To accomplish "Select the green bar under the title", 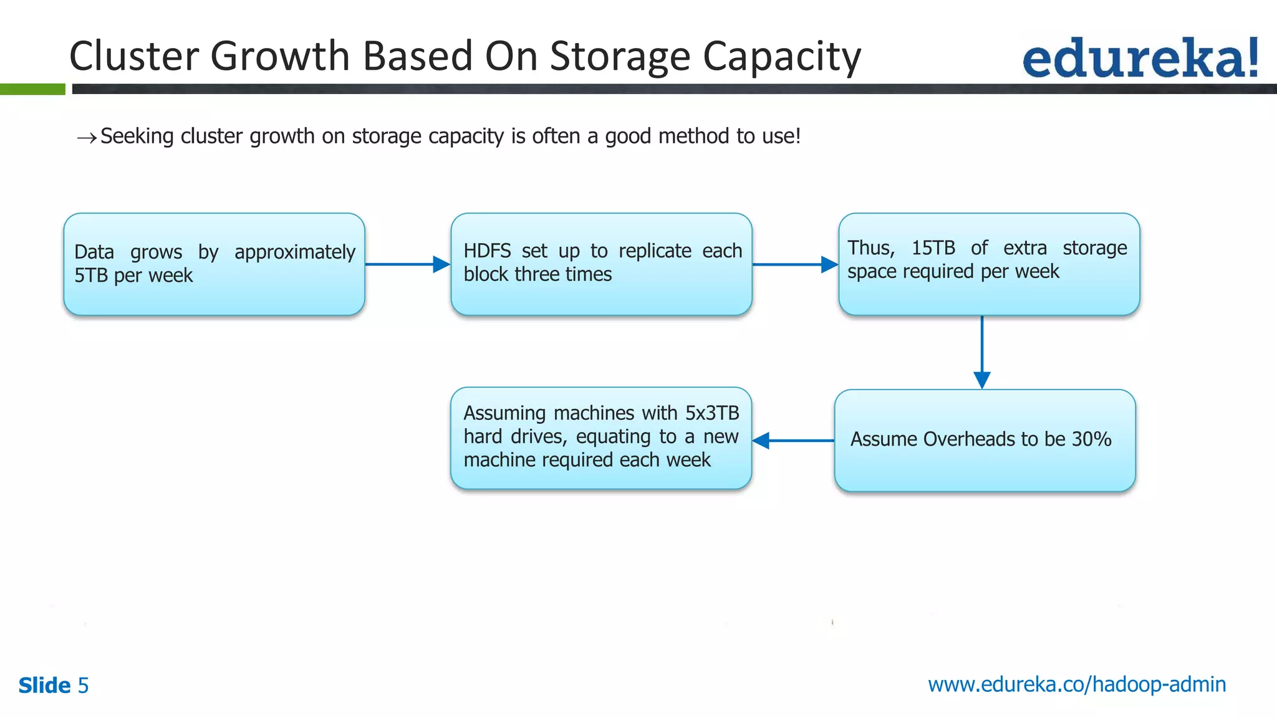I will pyautogui.click(x=32, y=89).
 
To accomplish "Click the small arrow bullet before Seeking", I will pyautogui.click(x=87, y=138).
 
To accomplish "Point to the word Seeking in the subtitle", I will pyautogui.click(x=137, y=136).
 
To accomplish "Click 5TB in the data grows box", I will pyautogui.click(x=91, y=275).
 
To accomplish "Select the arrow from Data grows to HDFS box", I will pyautogui.click(x=407, y=264).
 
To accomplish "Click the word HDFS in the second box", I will pyautogui.click(x=487, y=251).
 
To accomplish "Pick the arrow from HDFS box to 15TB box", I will pyautogui.click(x=794, y=264).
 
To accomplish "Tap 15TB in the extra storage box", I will pyautogui.click(x=933, y=248).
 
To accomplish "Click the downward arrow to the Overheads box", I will pyautogui.click(x=982, y=352).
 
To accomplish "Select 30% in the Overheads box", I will pyautogui.click(x=1091, y=439).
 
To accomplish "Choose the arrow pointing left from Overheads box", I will pyautogui.click(x=793, y=441).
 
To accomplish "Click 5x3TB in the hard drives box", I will pyautogui.click(x=712, y=413).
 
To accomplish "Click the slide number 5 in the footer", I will pyautogui.click(x=83, y=686).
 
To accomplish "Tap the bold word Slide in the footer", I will pyautogui.click(x=44, y=686).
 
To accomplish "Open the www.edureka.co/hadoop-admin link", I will pyautogui.click(x=1077, y=684).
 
